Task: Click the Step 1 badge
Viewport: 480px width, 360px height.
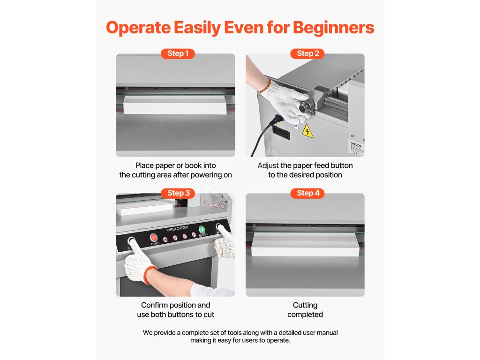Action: pyautogui.click(x=178, y=53)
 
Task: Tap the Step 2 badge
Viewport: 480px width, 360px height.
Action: pyautogui.click(x=307, y=53)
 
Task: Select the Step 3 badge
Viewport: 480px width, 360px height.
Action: pyautogui.click(x=178, y=193)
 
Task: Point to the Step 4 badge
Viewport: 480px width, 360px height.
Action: pyautogui.click(x=307, y=193)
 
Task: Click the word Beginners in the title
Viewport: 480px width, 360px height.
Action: pyautogui.click(x=333, y=28)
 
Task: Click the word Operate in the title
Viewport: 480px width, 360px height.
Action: pyautogui.click(x=138, y=28)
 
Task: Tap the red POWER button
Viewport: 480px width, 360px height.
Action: pyautogui.click(x=153, y=238)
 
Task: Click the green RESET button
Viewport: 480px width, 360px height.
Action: pyautogui.click(x=202, y=229)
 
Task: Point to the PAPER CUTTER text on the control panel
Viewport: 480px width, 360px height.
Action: pyautogui.click(x=177, y=229)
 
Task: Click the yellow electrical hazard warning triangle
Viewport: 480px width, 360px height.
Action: pyautogui.click(x=307, y=132)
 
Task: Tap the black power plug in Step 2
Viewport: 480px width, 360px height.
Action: pyautogui.click(x=277, y=120)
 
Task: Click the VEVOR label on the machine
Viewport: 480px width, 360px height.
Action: pyautogui.click(x=356, y=144)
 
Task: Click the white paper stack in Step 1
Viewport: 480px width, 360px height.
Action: pyautogui.click(x=175, y=105)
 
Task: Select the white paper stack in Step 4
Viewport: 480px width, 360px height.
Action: pyautogui.click(x=305, y=244)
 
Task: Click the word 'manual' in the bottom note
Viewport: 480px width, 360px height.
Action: pyautogui.click(x=327, y=333)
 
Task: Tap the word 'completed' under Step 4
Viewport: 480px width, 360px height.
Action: pyautogui.click(x=305, y=315)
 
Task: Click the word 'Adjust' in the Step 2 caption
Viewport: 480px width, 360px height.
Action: pyautogui.click(x=268, y=165)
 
